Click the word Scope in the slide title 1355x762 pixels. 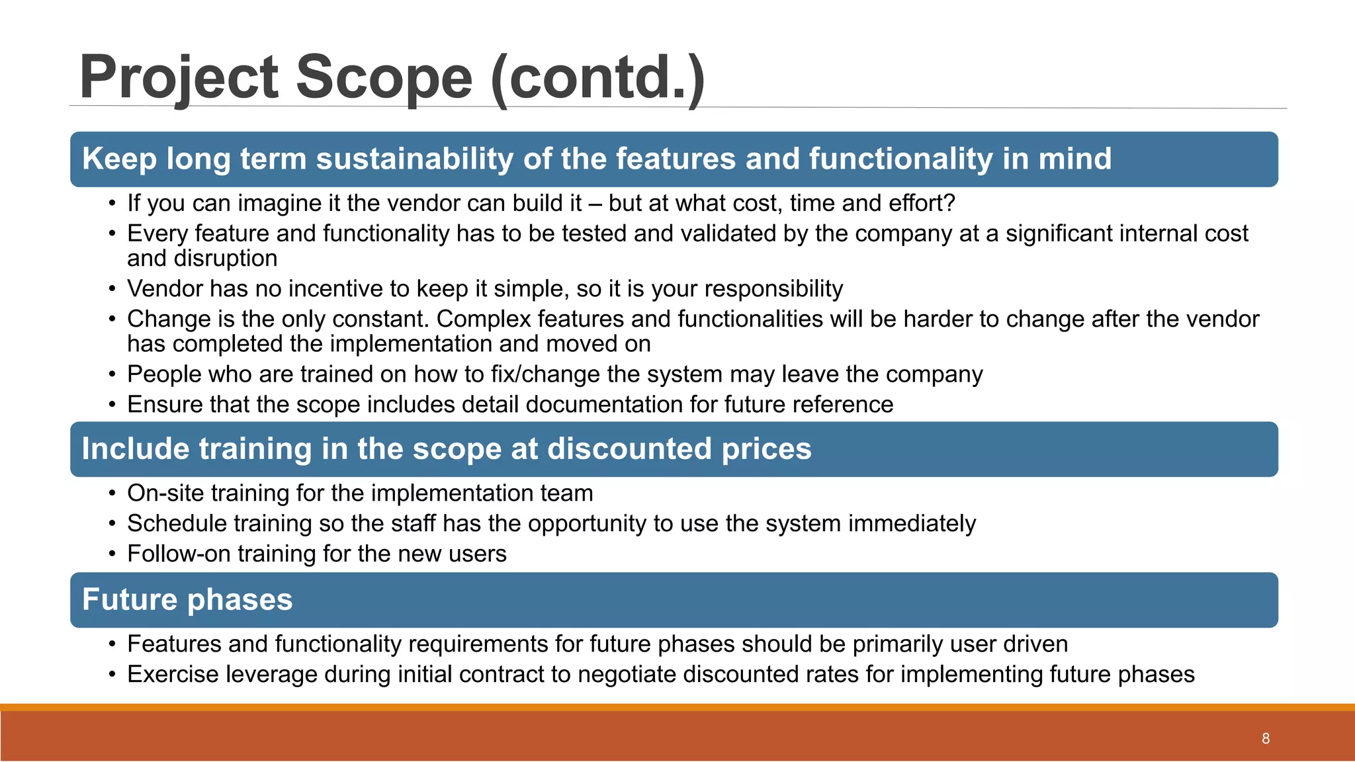coord(384,77)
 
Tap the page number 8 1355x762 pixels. coord(1266,739)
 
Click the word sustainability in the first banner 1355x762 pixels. coord(414,159)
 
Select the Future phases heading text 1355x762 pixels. coord(187,600)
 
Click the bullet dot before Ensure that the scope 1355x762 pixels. coord(112,405)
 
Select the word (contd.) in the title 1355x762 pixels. coord(597,77)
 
